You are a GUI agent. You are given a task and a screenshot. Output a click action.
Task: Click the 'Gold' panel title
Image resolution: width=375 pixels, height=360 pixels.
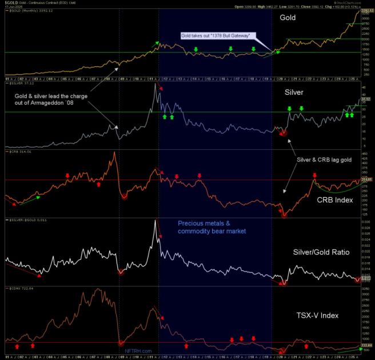point(288,18)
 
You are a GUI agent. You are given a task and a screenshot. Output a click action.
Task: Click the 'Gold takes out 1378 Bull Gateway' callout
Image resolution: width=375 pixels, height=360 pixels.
point(218,35)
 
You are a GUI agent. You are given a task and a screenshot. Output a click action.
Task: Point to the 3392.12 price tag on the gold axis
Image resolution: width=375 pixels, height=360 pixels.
point(366,10)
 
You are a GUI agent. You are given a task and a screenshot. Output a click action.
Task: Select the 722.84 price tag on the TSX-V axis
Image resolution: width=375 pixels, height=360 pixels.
point(366,346)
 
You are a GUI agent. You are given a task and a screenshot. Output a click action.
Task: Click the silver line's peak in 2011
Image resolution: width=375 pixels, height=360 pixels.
point(155,85)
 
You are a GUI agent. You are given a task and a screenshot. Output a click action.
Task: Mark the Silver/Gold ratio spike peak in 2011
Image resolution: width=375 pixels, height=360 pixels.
point(155,221)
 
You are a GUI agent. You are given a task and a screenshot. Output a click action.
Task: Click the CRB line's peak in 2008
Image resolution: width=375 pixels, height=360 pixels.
point(115,153)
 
